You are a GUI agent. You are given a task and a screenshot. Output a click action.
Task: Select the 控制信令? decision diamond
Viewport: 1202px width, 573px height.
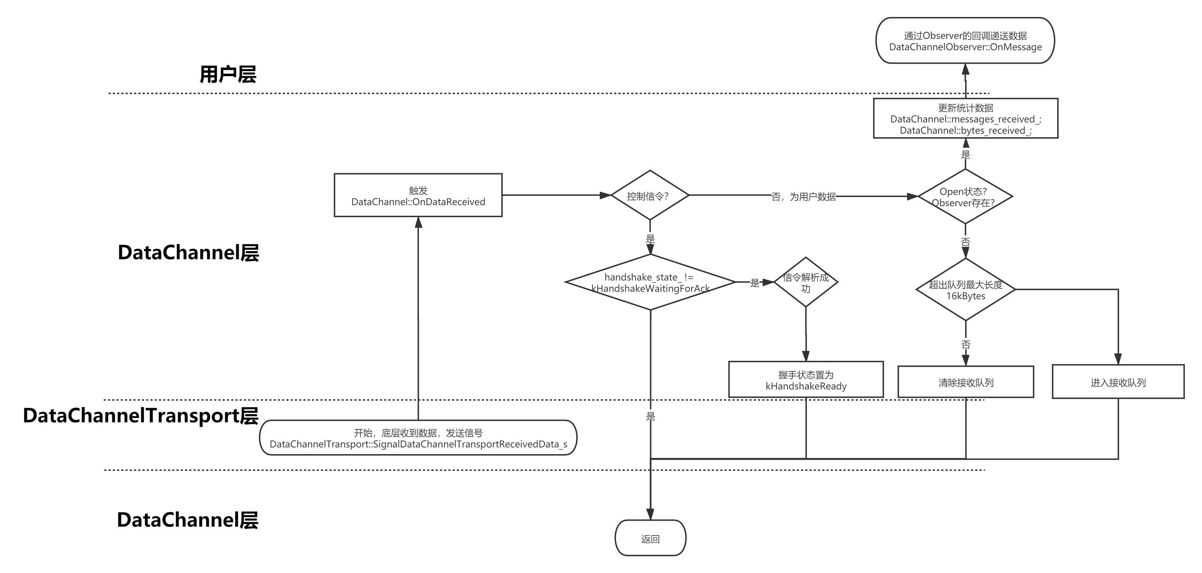(x=650, y=196)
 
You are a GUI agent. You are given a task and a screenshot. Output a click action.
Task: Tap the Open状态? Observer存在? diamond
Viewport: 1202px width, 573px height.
(x=965, y=197)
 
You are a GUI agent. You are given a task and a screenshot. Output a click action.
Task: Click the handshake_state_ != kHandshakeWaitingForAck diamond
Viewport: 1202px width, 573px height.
(x=650, y=283)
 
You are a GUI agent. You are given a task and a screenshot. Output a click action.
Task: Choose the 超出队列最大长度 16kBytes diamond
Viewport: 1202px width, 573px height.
(x=965, y=290)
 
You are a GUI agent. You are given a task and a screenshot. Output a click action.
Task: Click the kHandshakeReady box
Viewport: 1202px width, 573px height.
(x=806, y=380)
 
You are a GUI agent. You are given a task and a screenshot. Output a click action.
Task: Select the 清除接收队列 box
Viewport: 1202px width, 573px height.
(x=965, y=382)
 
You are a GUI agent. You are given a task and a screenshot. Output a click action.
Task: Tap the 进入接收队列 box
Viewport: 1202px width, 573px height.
(x=1118, y=382)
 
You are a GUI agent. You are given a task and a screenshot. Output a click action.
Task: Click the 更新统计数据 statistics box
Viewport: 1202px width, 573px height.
(x=965, y=118)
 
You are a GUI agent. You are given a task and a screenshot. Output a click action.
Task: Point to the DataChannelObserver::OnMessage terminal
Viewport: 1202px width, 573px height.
(x=965, y=41)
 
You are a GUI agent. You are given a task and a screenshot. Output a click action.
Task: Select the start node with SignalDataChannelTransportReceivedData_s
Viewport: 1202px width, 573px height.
(x=418, y=438)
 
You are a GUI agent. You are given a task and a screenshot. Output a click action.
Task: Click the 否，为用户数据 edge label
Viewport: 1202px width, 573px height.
(x=803, y=197)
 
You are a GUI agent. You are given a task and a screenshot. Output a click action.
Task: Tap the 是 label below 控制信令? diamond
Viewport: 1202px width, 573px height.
(x=650, y=238)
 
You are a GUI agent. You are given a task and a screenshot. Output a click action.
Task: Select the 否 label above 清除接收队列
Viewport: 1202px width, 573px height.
(x=965, y=344)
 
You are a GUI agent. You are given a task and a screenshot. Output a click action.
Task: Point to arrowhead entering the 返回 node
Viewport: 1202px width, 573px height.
(x=650, y=515)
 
